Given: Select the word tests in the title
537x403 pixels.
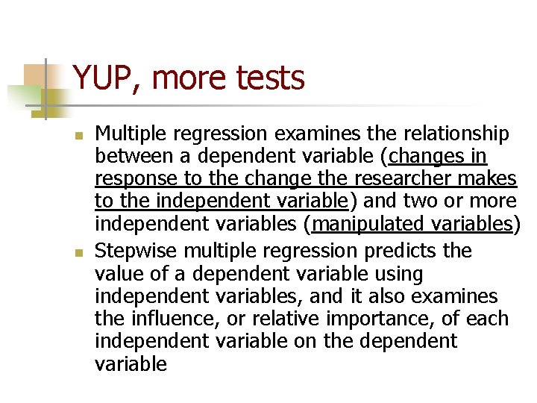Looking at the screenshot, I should [273, 78].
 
